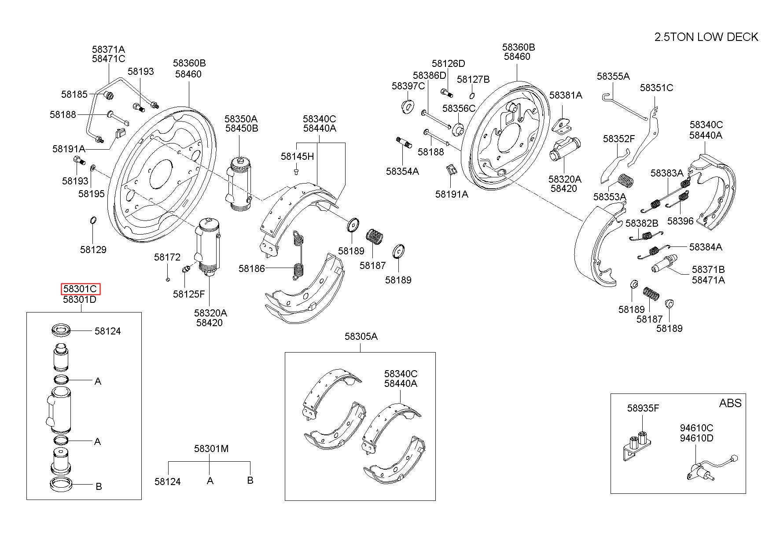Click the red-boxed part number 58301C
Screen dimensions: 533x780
(x=80, y=289)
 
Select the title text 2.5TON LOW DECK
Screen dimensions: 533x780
(x=706, y=37)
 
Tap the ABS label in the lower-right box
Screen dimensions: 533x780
(x=730, y=403)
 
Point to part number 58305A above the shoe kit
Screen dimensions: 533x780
(x=361, y=336)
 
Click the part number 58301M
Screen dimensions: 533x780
(x=211, y=448)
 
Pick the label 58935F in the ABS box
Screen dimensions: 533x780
(x=643, y=408)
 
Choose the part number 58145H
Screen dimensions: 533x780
(x=297, y=156)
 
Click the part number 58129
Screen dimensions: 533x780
(x=93, y=250)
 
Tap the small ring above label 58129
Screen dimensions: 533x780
(x=93, y=220)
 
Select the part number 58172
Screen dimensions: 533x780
(x=167, y=257)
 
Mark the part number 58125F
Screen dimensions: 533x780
(x=188, y=294)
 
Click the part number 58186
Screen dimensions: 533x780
(x=252, y=268)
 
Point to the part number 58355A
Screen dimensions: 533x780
(x=613, y=76)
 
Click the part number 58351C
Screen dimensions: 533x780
(x=656, y=88)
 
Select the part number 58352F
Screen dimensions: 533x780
(x=618, y=139)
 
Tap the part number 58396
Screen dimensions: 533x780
(x=680, y=221)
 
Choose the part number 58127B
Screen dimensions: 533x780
(x=473, y=79)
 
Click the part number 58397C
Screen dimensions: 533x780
(x=408, y=86)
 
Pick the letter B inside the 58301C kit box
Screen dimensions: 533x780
(x=99, y=486)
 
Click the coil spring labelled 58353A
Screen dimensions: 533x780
(x=625, y=180)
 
